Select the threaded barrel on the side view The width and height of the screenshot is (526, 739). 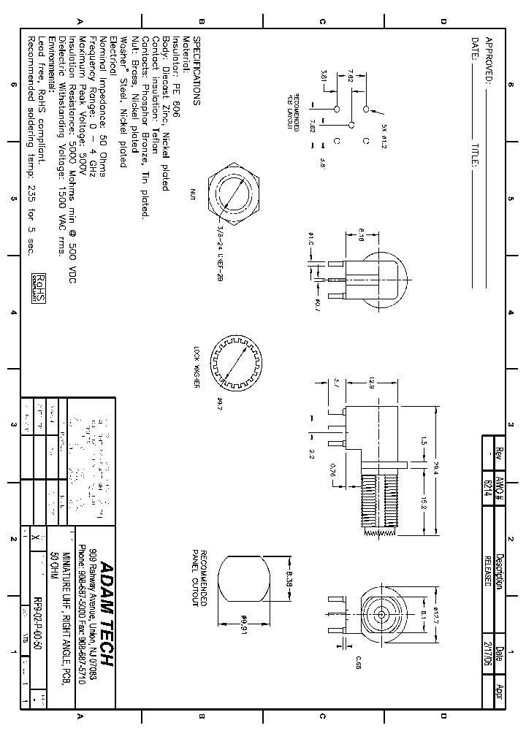point(379,504)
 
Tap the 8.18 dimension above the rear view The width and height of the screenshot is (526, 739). point(362,234)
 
